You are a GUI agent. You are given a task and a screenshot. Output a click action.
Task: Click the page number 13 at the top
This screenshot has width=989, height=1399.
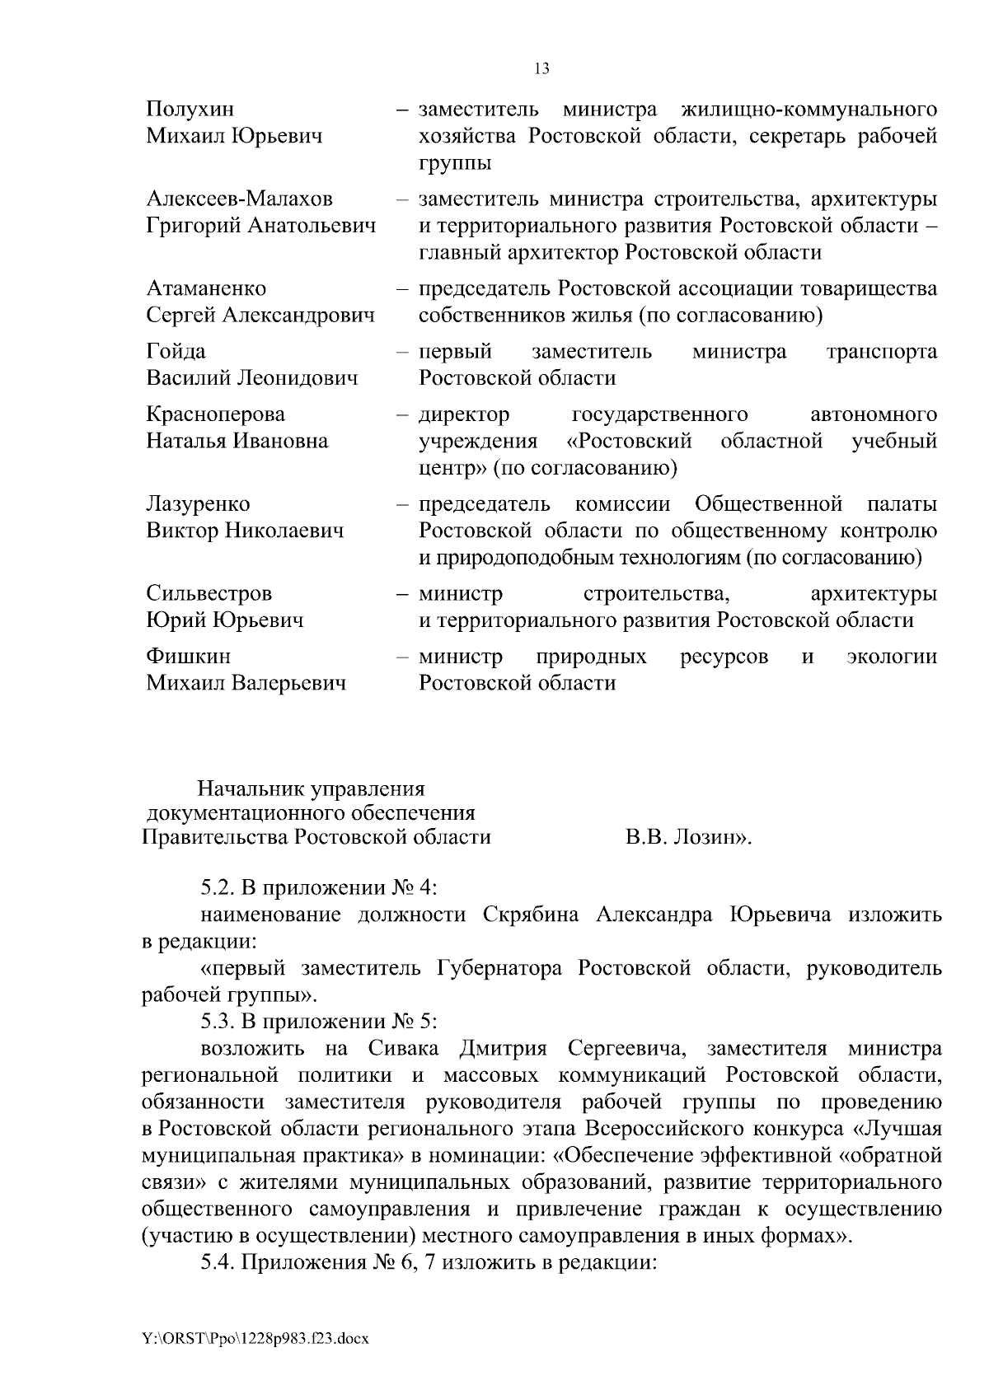pyautogui.click(x=541, y=69)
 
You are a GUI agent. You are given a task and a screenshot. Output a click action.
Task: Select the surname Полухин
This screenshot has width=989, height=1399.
pyautogui.click(x=190, y=110)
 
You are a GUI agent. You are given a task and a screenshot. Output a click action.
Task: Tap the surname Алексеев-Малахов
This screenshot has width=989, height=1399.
pyautogui.click(x=239, y=199)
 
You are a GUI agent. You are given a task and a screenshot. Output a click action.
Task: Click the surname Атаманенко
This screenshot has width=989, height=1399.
pyautogui.click(x=206, y=289)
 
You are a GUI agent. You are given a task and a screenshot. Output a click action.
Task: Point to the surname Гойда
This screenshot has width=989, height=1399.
pyautogui.click(x=176, y=352)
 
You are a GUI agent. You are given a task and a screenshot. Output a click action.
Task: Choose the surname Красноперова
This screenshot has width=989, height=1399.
pyautogui.click(x=215, y=414)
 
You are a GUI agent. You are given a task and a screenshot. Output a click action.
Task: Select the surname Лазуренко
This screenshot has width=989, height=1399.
pyautogui.click(x=198, y=504)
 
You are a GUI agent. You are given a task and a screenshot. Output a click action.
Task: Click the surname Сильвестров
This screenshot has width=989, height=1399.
pyautogui.click(x=209, y=594)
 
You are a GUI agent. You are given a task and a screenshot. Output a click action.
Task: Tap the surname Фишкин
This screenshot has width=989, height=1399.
pyautogui.click(x=188, y=657)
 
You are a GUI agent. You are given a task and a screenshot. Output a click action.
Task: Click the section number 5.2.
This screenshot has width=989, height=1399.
pyautogui.click(x=218, y=889)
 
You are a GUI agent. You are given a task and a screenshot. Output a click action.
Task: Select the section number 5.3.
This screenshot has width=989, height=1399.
pyautogui.click(x=218, y=1022)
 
